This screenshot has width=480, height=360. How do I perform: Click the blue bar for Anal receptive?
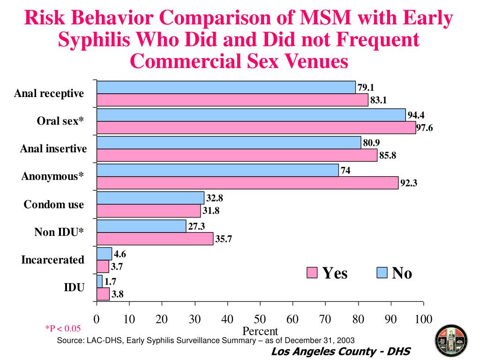click(x=226, y=87)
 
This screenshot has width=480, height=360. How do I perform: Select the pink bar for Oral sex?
click(x=256, y=127)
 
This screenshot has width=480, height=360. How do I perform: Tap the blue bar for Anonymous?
click(x=217, y=170)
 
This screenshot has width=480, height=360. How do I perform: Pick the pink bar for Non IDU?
click(x=155, y=239)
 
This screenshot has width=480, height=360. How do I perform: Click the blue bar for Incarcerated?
click(x=104, y=254)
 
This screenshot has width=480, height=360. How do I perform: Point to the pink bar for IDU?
click(x=103, y=294)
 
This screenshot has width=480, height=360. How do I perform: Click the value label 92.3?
click(x=409, y=183)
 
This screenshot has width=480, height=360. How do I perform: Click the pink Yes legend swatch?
click(x=312, y=273)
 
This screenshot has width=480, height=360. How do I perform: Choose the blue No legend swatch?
click(x=382, y=273)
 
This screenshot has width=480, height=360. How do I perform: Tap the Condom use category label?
click(x=54, y=204)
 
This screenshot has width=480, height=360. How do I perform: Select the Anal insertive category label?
click(x=53, y=149)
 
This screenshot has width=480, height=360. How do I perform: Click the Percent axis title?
click(x=260, y=331)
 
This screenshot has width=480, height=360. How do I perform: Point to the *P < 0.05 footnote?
click(x=63, y=329)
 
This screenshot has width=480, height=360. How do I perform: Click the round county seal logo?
click(x=451, y=339)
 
